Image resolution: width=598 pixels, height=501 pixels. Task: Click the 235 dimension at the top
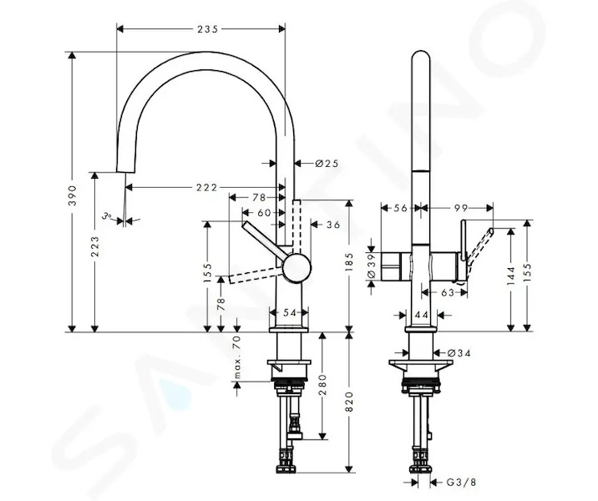point(207,29)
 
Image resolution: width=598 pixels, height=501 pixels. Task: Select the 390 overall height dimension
point(72,195)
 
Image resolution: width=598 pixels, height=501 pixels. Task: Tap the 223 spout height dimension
point(95,246)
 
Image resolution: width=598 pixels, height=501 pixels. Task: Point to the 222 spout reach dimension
point(206,188)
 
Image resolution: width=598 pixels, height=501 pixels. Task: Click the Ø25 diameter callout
point(327,164)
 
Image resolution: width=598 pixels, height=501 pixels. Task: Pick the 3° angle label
point(106,216)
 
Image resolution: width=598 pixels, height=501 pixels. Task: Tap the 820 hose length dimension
point(349,402)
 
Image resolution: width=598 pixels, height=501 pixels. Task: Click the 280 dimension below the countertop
point(322,385)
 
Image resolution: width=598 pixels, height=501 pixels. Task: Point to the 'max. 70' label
point(237,357)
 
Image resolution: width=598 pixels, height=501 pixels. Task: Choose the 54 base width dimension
point(290,312)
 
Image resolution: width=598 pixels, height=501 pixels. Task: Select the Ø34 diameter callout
point(459,353)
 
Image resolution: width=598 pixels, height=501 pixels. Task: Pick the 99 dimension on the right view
point(461,208)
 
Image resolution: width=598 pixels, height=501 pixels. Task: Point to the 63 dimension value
point(448,292)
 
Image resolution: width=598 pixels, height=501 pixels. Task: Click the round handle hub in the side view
point(296,268)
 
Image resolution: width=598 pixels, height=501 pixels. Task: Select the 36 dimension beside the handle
point(332,225)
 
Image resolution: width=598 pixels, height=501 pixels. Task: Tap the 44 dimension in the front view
point(422,315)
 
